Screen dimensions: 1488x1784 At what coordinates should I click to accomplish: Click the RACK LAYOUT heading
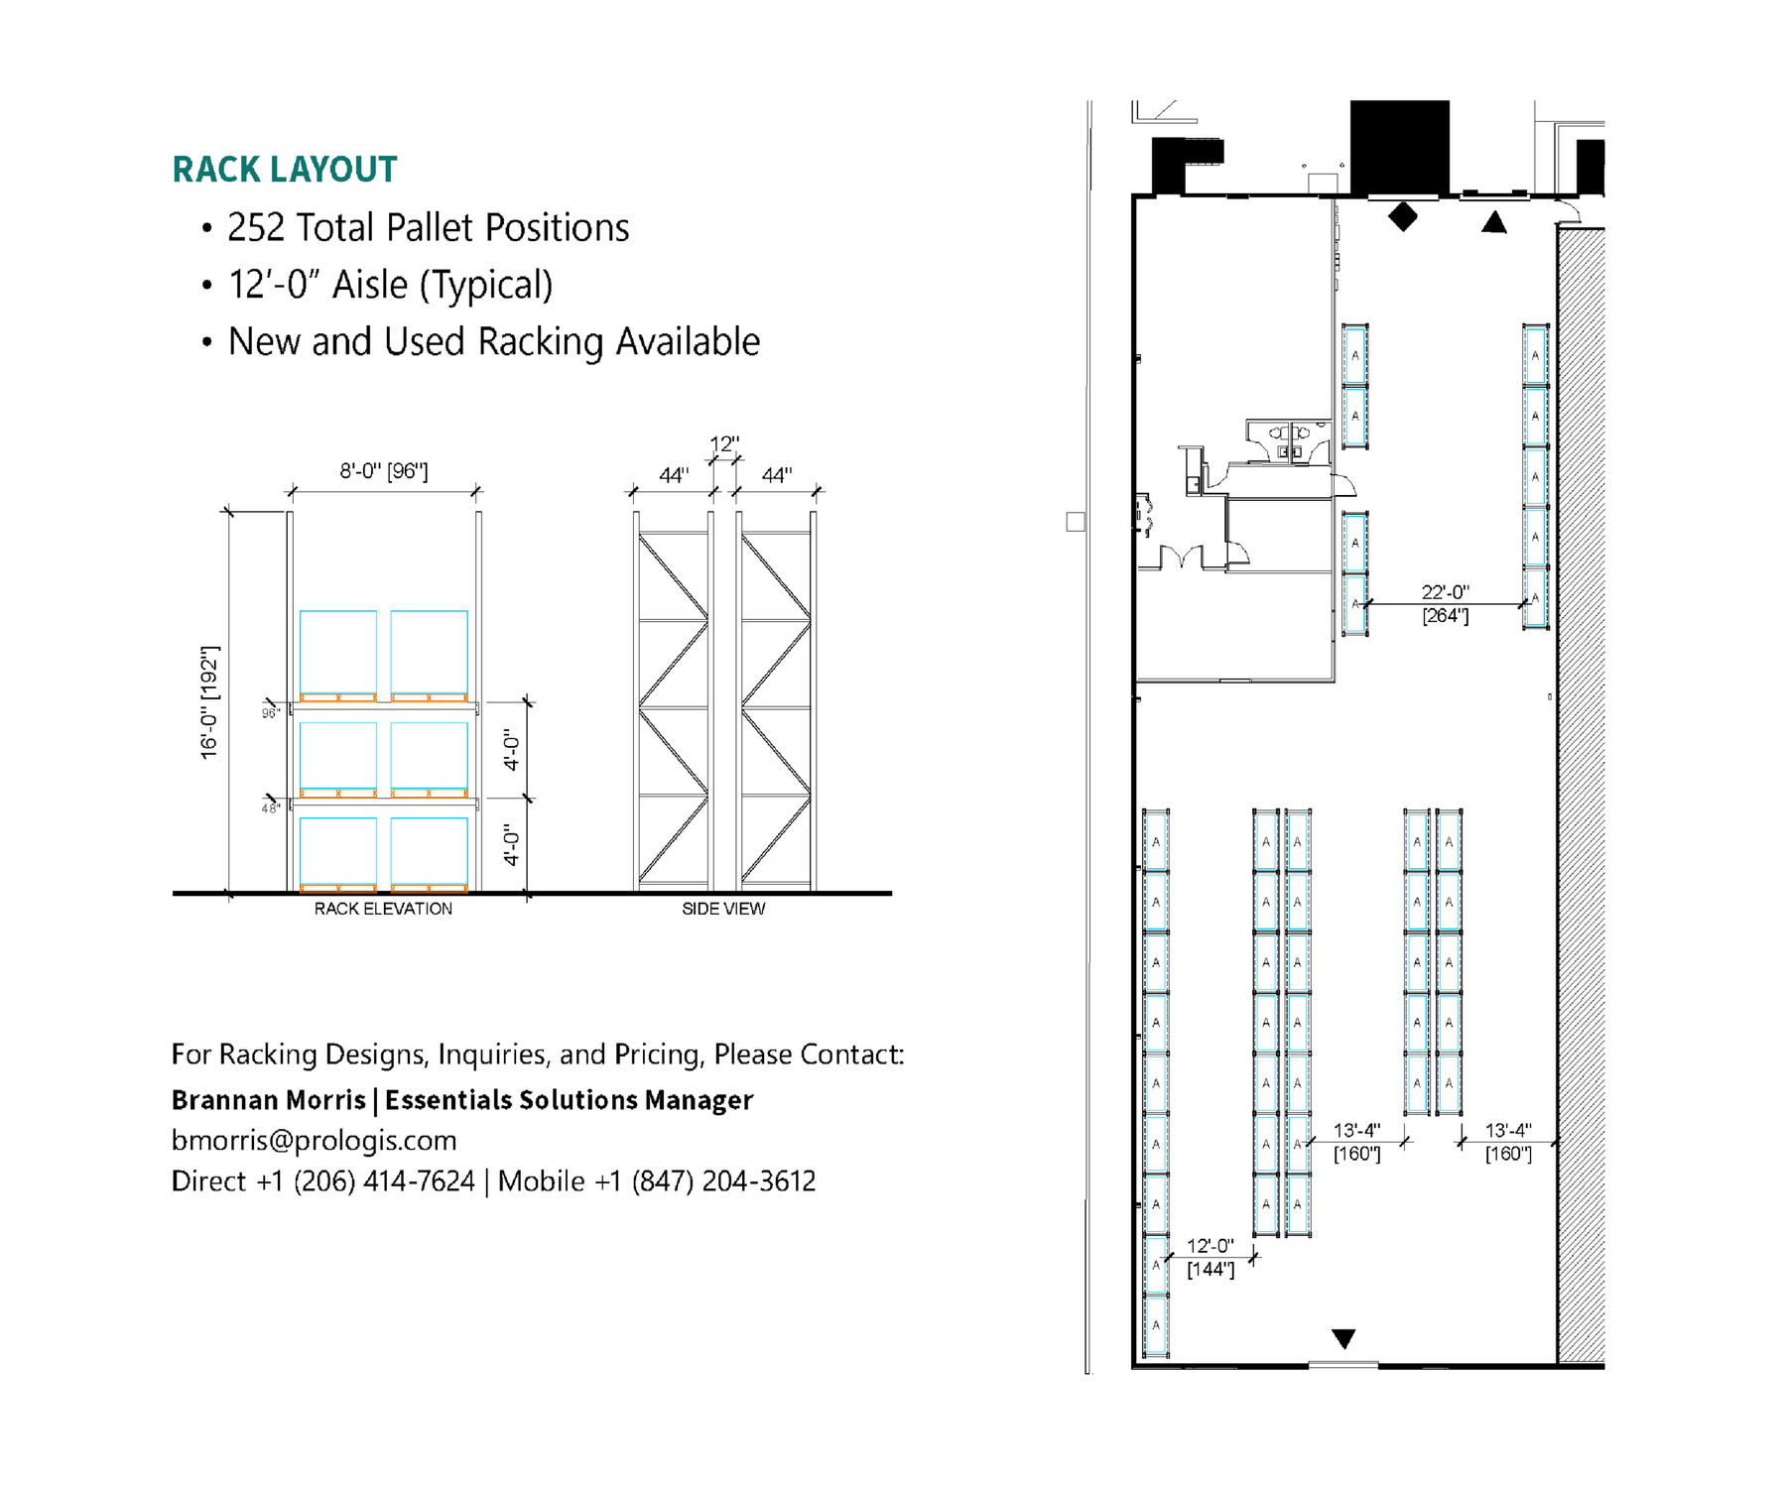[x=285, y=170]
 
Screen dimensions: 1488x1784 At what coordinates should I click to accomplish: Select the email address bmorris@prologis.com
[x=314, y=1141]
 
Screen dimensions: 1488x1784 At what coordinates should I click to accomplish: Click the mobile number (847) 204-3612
[x=723, y=1181]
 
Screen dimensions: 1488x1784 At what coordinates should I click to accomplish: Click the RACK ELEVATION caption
[x=383, y=909]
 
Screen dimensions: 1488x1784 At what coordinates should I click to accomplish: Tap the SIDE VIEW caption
[x=723, y=909]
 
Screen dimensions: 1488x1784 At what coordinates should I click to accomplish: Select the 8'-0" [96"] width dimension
[x=384, y=471]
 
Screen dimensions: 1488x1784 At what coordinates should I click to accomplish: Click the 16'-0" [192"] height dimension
[x=209, y=702]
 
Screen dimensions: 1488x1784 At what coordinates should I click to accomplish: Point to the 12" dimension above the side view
[x=724, y=444]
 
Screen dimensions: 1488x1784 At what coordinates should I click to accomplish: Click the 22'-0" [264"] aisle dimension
[x=1445, y=603]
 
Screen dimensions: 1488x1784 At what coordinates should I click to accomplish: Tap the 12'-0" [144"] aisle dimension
[x=1211, y=1257]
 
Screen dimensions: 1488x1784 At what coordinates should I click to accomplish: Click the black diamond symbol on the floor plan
[x=1402, y=216]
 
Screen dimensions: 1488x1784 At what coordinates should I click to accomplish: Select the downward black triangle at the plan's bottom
[x=1343, y=1339]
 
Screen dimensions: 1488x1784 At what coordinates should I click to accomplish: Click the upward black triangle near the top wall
[x=1493, y=222]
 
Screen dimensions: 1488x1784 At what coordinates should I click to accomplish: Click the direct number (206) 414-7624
[x=384, y=1181]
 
